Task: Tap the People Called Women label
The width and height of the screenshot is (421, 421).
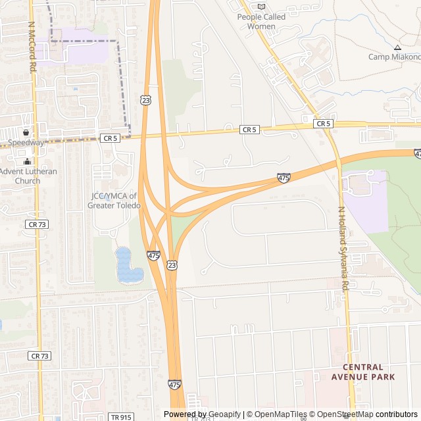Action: coord(261,22)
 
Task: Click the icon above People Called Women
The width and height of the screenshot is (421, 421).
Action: coord(261,7)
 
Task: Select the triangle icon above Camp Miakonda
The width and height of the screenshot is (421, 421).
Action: coord(397,47)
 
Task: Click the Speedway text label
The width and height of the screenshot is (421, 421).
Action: coord(26,142)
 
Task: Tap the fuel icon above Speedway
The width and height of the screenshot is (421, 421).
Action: coord(26,132)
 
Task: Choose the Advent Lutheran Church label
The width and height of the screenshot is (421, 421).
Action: coord(28,176)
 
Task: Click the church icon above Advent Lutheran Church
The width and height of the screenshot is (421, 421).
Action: coord(27,162)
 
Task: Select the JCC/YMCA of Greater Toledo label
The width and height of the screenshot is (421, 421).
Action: coord(114,201)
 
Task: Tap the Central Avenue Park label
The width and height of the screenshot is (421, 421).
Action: coord(368,372)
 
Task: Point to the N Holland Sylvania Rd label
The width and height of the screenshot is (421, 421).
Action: coord(343,249)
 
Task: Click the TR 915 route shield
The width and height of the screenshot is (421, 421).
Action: coord(120,416)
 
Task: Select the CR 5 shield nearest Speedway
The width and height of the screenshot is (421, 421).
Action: coord(110,138)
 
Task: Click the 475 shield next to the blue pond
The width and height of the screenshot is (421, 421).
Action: coord(153,255)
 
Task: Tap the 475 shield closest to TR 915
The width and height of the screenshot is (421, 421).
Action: coord(174,384)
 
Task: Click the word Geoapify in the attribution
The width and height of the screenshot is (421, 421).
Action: coord(225,414)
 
